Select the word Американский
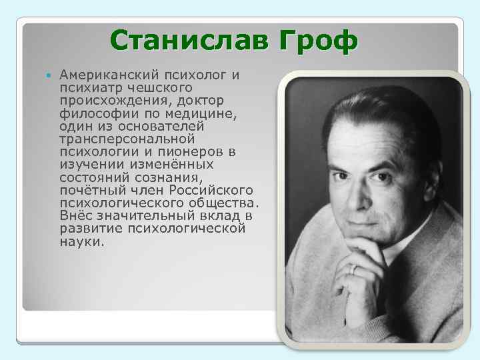[101, 75]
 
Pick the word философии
[91, 113]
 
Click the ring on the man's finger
[354, 268]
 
